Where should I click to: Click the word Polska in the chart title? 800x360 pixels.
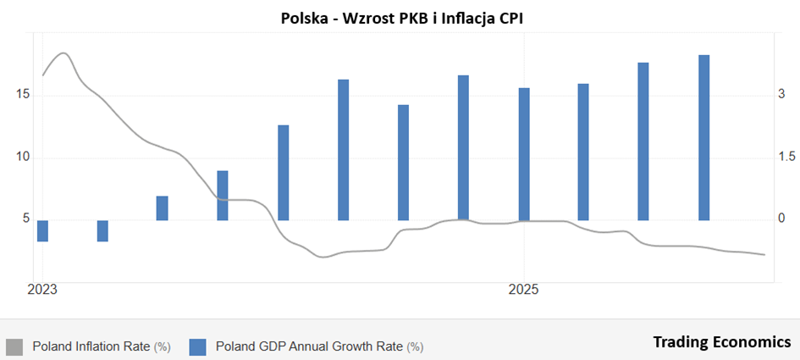(304, 17)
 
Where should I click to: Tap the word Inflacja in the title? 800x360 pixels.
(466, 17)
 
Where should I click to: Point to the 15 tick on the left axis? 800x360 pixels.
(23, 95)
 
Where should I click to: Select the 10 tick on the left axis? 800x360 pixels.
(23, 158)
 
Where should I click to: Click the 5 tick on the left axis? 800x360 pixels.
(26, 219)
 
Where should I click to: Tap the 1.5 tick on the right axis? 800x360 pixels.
(786, 158)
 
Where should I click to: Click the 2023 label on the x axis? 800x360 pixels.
(42, 290)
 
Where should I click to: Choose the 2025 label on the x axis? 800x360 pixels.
(524, 290)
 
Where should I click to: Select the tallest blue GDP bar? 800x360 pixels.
(703, 137)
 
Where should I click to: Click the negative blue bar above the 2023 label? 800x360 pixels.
(42, 230)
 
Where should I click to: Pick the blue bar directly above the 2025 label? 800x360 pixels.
(524, 153)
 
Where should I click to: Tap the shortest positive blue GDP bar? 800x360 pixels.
(163, 208)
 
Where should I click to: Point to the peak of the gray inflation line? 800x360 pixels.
(63, 53)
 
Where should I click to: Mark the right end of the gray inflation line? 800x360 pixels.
(764, 254)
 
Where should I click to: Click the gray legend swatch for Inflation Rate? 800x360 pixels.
(14, 346)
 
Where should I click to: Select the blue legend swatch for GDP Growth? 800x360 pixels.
(198, 346)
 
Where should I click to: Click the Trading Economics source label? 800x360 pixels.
(721, 341)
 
